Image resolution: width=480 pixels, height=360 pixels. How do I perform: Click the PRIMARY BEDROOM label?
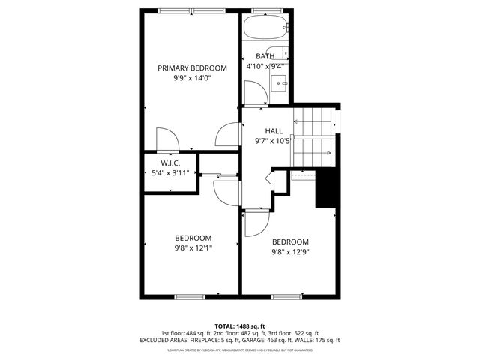(191, 67)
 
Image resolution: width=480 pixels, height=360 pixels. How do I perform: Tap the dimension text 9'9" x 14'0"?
(191, 78)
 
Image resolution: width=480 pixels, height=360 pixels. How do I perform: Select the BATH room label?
(265, 56)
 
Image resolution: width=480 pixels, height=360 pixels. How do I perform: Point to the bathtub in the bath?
(266, 29)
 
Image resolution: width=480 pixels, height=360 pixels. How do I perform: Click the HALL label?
(274, 130)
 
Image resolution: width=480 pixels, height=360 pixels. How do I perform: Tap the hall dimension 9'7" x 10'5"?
(274, 141)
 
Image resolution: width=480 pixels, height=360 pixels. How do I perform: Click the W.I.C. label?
(170, 163)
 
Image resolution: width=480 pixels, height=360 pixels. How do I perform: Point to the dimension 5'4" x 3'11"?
(170, 173)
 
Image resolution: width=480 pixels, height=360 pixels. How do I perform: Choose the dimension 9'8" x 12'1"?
(193, 248)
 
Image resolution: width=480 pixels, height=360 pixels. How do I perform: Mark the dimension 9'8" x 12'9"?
(290, 252)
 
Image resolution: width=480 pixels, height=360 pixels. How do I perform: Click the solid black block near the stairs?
(325, 190)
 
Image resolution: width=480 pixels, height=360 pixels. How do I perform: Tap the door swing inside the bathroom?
(254, 92)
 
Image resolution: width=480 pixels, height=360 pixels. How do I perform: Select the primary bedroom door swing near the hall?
(226, 134)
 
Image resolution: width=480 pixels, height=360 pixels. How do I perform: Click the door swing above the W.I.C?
(166, 139)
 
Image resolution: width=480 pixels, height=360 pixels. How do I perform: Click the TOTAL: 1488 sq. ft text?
(239, 325)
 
